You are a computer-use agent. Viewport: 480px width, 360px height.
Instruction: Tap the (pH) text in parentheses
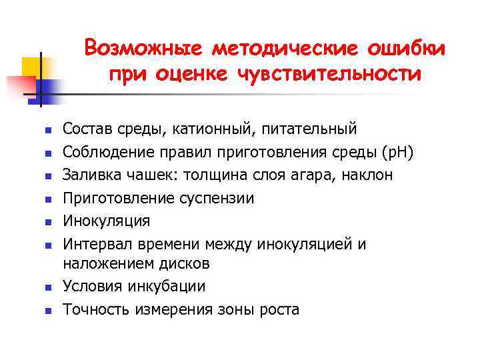click(397, 152)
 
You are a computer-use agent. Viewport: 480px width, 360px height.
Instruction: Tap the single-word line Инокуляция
click(107, 221)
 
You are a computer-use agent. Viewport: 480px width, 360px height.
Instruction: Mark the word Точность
click(96, 309)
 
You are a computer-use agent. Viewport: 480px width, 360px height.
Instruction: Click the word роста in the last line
click(280, 309)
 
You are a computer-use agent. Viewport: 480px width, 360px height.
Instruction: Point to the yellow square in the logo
click(32, 67)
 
